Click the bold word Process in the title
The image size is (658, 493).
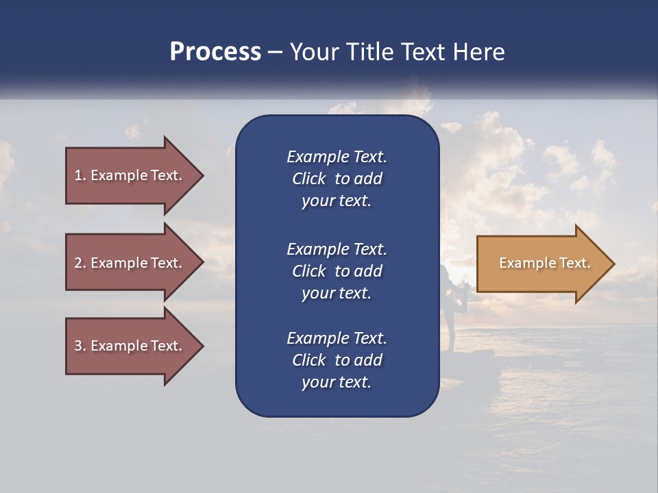pyautogui.click(x=215, y=52)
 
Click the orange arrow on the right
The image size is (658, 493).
pyautogui.click(x=541, y=264)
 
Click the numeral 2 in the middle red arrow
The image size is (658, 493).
pyautogui.click(x=78, y=263)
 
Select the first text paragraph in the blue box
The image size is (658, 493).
pyautogui.click(x=337, y=179)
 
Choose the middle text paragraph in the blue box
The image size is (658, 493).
pyautogui.click(x=337, y=271)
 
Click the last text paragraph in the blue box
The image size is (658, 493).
pyautogui.click(x=337, y=360)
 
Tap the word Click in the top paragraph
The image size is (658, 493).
pyautogui.click(x=309, y=179)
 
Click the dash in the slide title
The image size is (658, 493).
pyautogui.click(x=276, y=52)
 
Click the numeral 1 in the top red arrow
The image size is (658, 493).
pyautogui.click(x=78, y=175)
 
